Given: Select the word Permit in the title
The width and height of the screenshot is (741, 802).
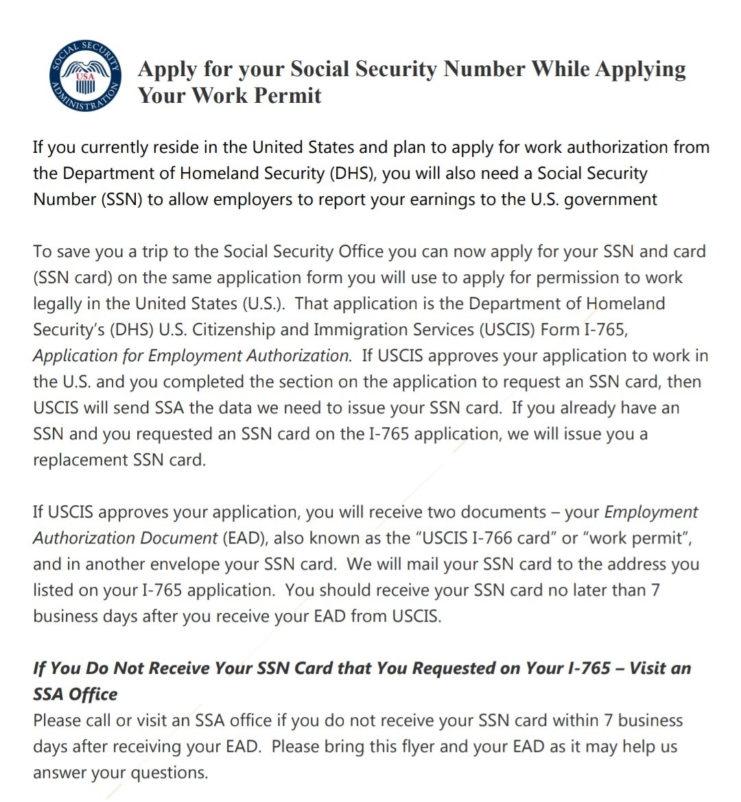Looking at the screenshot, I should (288, 95).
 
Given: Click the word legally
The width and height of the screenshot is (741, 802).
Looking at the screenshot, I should (59, 304).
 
